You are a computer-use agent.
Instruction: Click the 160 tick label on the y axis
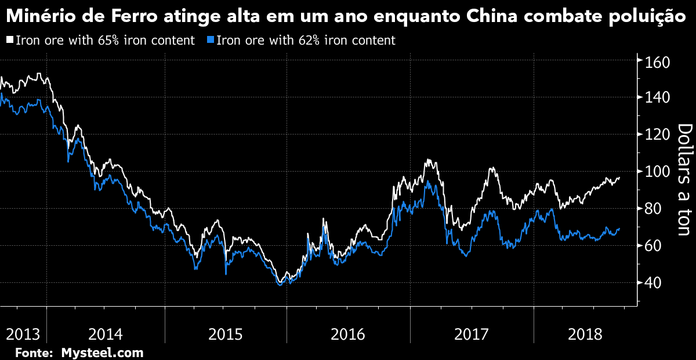[658, 61]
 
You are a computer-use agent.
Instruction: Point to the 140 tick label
[658, 97]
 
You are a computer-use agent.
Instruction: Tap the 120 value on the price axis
[658, 134]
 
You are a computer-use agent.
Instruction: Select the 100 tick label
[658, 172]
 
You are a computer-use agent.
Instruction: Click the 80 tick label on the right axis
[653, 209]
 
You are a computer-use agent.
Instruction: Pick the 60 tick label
[653, 246]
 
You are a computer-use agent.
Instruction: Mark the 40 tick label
[653, 283]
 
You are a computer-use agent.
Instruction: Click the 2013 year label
[22, 334]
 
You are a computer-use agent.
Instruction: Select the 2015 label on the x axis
[225, 334]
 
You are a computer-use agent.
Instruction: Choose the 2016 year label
[347, 334]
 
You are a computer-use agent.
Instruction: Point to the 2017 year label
[472, 334]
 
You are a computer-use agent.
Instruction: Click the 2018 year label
[585, 334]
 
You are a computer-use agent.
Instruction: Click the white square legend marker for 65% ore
[9, 41]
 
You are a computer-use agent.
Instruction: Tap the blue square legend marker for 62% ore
[211, 41]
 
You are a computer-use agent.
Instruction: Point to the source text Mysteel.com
[102, 352]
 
